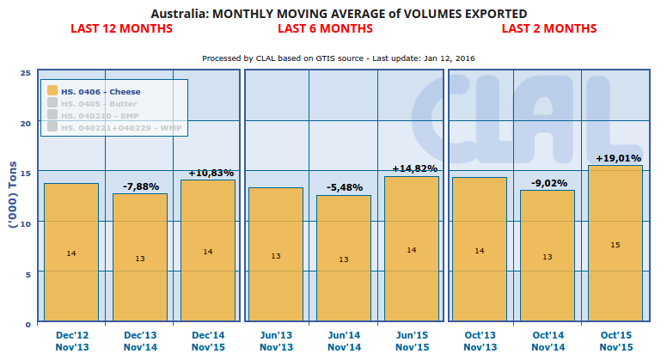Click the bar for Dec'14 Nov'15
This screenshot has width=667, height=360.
click(207, 251)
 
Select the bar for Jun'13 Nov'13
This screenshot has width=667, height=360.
click(275, 255)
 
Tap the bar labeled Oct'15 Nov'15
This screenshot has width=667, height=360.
click(615, 244)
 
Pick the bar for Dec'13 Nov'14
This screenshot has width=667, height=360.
click(139, 258)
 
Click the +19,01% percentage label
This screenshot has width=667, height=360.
click(615, 158)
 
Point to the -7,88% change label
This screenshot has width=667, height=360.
click(139, 186)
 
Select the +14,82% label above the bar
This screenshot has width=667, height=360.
click(412, 168)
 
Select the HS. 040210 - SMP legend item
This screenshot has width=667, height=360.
click(95, 114)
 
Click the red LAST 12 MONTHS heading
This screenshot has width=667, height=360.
click(121, 28)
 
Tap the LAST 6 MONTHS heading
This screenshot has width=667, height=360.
click(325, 28)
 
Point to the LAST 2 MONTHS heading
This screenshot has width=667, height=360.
click(548, 28)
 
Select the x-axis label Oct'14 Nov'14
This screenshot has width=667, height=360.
click(548, 340)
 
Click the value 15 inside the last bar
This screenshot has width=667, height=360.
click(615, 246)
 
